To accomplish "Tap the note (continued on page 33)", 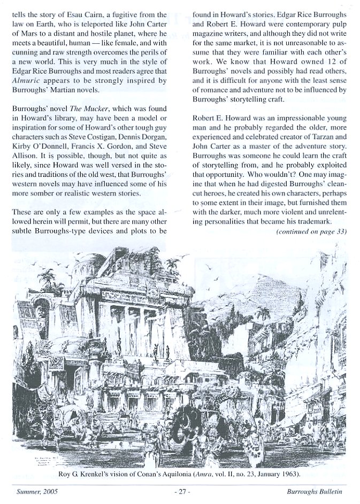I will [x=311, y=231].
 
